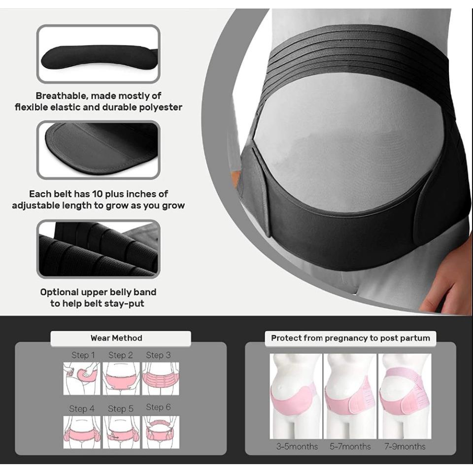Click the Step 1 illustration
(x=81, y=378)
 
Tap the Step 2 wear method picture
(x=121, y=378)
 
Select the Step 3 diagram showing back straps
(x=161, y=378)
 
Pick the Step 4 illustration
(x=81, y=432)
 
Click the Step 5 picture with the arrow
(x=121, y=432)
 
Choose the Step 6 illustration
(x=161, y=432)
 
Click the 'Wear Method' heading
(x=116, y=338)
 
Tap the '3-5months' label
(x=297, y=446)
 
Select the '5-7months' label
(x=350, y=446)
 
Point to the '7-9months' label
(x=405, y=446)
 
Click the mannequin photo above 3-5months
(x=296, y=396)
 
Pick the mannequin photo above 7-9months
(x=405, y=396)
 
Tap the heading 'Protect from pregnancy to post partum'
(x=350, y=338)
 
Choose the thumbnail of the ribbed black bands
(x=99, y=249)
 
